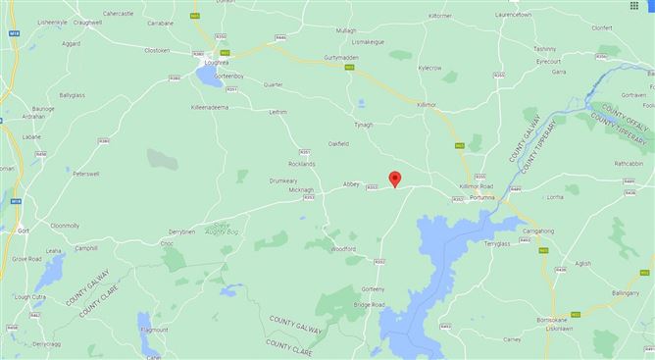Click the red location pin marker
tap(394, 178)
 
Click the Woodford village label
tap(342, 249)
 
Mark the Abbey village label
tap(352, 183)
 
